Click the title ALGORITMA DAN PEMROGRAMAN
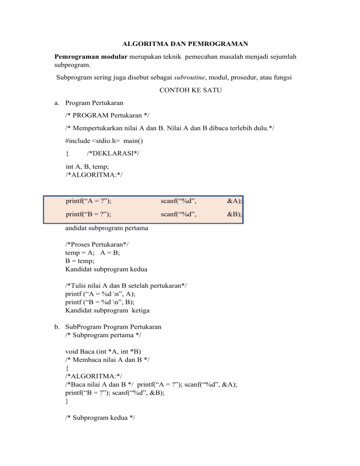pyautogui.click(x=185, y=45)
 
